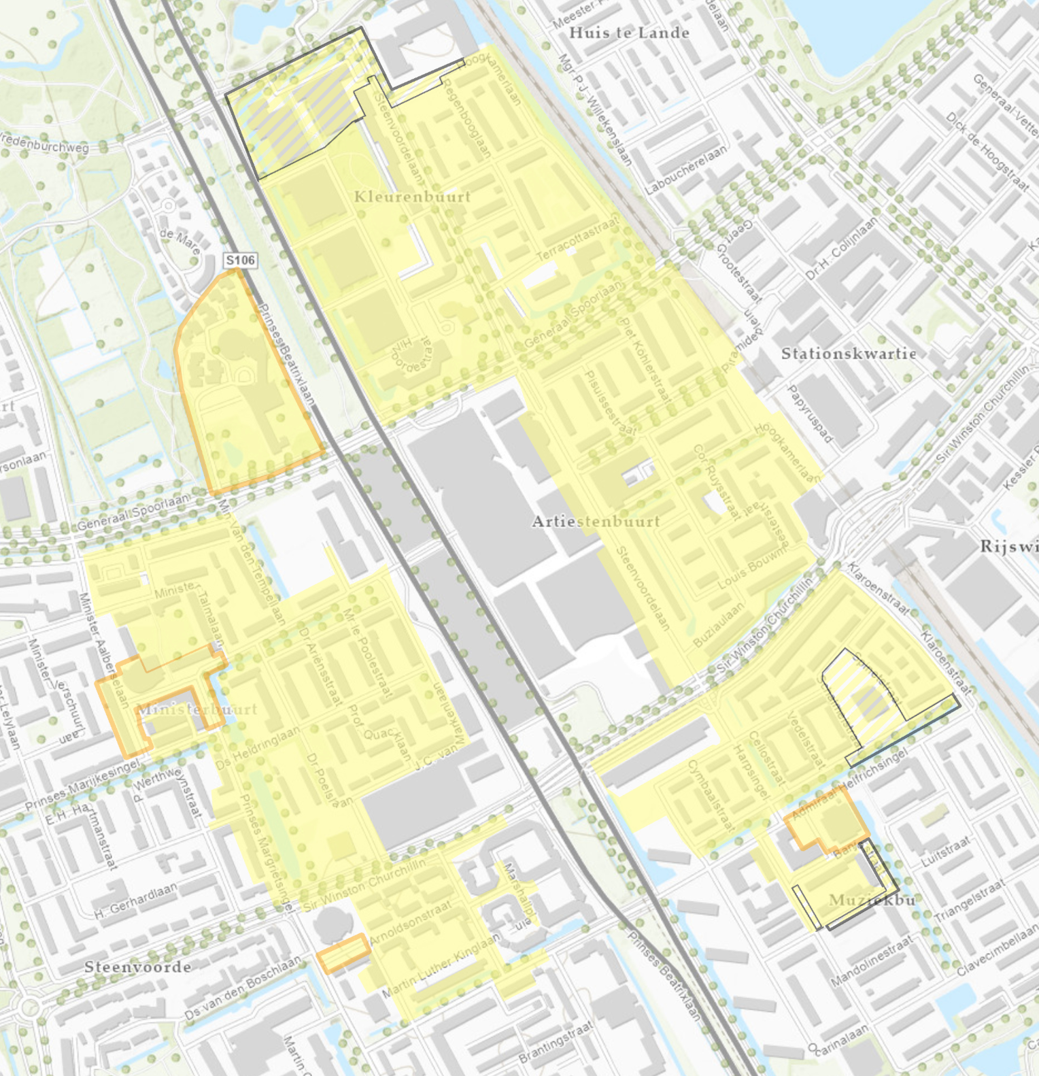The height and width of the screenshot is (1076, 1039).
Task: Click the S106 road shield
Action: click(241, 260)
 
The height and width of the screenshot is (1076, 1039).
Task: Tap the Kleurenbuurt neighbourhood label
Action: click(412, 197)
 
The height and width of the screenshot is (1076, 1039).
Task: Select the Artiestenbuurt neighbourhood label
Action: click(596, 522)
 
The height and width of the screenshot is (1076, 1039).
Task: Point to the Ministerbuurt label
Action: click(197, 709)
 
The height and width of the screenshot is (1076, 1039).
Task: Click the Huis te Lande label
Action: click(629, 33)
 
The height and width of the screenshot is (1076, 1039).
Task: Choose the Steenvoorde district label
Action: click(137, 967)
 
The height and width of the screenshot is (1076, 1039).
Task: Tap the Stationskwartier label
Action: click(849, 354)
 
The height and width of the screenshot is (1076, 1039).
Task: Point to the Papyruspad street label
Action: click(810, 414)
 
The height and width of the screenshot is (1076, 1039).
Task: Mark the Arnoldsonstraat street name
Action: click(410, 922)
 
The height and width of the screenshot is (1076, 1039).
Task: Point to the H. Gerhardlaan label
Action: click(135, 901)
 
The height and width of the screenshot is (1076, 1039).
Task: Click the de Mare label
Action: click(180, 241)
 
